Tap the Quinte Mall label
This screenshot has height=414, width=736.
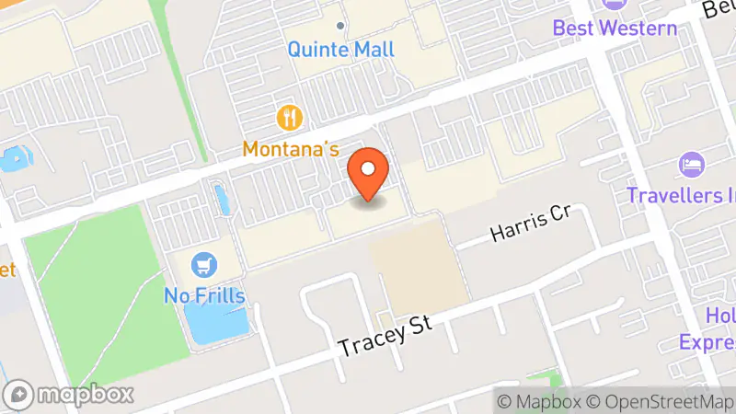point(340,49)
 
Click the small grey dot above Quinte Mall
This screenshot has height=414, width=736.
point(340,26)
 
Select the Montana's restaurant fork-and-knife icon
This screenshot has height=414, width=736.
point(291,118)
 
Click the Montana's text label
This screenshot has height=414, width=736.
point(291,148)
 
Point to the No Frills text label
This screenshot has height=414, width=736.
point(204,295)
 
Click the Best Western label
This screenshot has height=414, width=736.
point(615,27)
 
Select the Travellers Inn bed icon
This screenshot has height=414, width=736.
point(691,167)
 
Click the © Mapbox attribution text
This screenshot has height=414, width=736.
point(539,402)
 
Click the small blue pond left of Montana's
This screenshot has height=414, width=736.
point(221,198)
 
